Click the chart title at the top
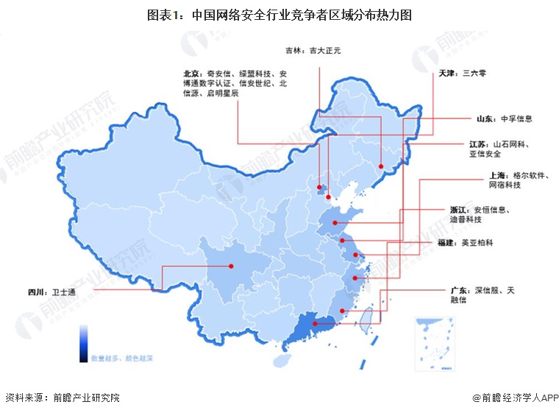click(x=279, y=14)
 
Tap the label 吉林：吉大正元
click(x=313, y=51)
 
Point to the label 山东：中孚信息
click(x=505, y=118)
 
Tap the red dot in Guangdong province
click(x=315, y=324)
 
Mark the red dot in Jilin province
click(x=382, y=166)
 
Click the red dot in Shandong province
click(x=335, y=222)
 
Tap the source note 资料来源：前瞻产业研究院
click(x=62, y=398)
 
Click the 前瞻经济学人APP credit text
click(x=516, y=398)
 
